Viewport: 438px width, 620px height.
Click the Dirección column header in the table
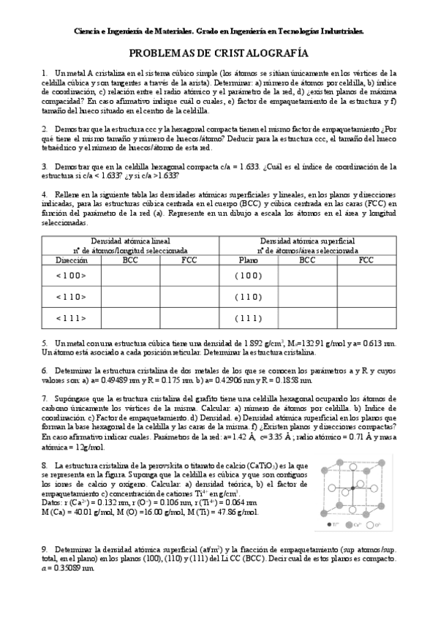(71, 260)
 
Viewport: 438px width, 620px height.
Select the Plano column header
(249, 260)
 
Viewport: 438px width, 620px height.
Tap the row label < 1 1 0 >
(71, 296)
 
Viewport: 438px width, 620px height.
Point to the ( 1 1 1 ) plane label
(249, 318)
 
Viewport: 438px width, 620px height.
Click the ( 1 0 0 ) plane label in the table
(249, 275)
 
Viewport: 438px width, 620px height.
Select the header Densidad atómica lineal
(130, 241)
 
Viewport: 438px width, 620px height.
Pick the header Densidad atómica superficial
(307, 241)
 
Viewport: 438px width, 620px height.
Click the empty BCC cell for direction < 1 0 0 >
(130, 275)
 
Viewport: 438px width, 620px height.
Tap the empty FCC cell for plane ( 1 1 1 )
(366, 318)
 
